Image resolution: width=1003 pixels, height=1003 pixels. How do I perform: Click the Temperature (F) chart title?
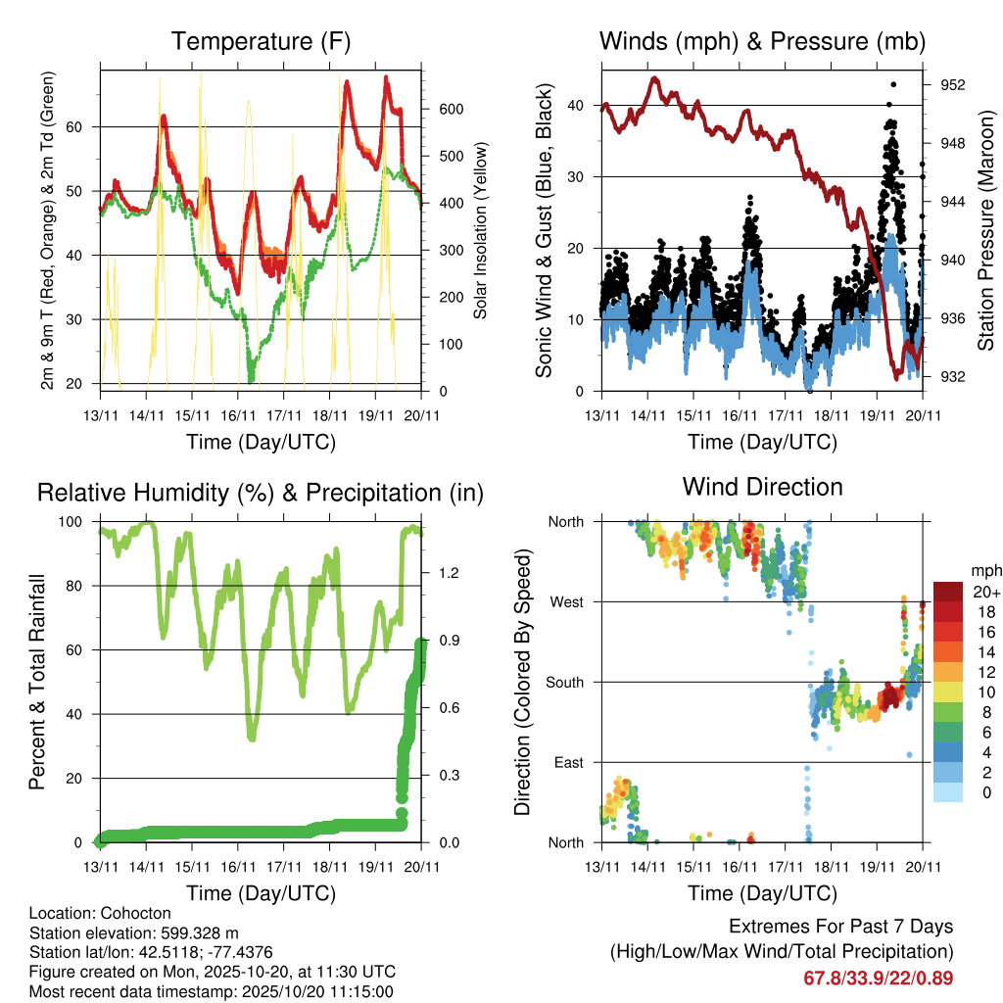point(261,42)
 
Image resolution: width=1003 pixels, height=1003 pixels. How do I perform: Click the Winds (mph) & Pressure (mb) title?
point(762,42)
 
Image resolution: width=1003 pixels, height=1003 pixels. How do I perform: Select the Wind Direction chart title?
point(762,487)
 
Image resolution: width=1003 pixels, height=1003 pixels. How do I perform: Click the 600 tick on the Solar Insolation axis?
point(449,109)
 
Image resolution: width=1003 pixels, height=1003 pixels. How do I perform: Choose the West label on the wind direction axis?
point(565,601)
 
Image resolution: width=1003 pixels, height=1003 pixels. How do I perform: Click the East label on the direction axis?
point(567,762)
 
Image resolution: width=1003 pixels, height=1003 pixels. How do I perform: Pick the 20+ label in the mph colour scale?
point(984,592)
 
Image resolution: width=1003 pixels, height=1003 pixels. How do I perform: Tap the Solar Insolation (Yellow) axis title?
point(480,231)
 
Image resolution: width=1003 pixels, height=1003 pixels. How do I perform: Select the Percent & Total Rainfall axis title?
point(37,681)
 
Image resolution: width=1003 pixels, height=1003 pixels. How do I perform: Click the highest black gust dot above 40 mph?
point(892,85)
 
